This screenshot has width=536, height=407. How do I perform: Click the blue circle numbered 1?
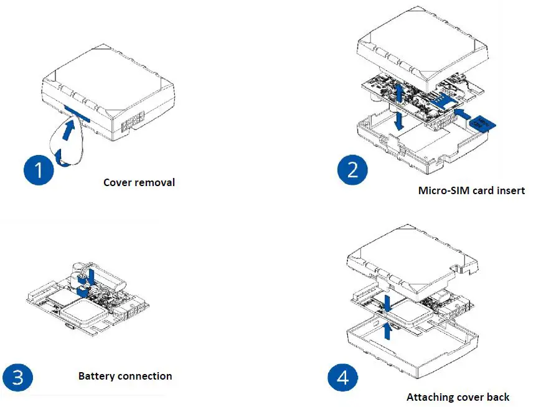(39, 169)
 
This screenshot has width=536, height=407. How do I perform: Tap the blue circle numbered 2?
(352, 169)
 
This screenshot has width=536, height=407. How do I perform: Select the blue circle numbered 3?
(19, 377)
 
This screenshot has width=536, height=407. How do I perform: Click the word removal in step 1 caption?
(154, 182)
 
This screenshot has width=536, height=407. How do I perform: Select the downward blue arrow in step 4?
(387, 303)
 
